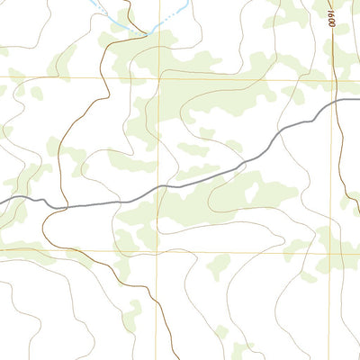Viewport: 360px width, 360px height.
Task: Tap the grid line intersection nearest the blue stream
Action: (x=159, y=79)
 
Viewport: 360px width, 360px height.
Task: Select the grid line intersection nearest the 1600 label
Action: (x=331, y=78)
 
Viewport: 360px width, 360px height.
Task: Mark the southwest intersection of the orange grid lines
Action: (x=158, y=250)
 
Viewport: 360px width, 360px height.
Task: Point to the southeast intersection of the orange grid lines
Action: (x=330, y=250)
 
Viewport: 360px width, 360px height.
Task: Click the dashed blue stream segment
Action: (x=171, y=15)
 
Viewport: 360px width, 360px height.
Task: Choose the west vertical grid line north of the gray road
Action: (x=159, y=135)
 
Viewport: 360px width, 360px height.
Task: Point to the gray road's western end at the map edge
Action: (x=2, y=199)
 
